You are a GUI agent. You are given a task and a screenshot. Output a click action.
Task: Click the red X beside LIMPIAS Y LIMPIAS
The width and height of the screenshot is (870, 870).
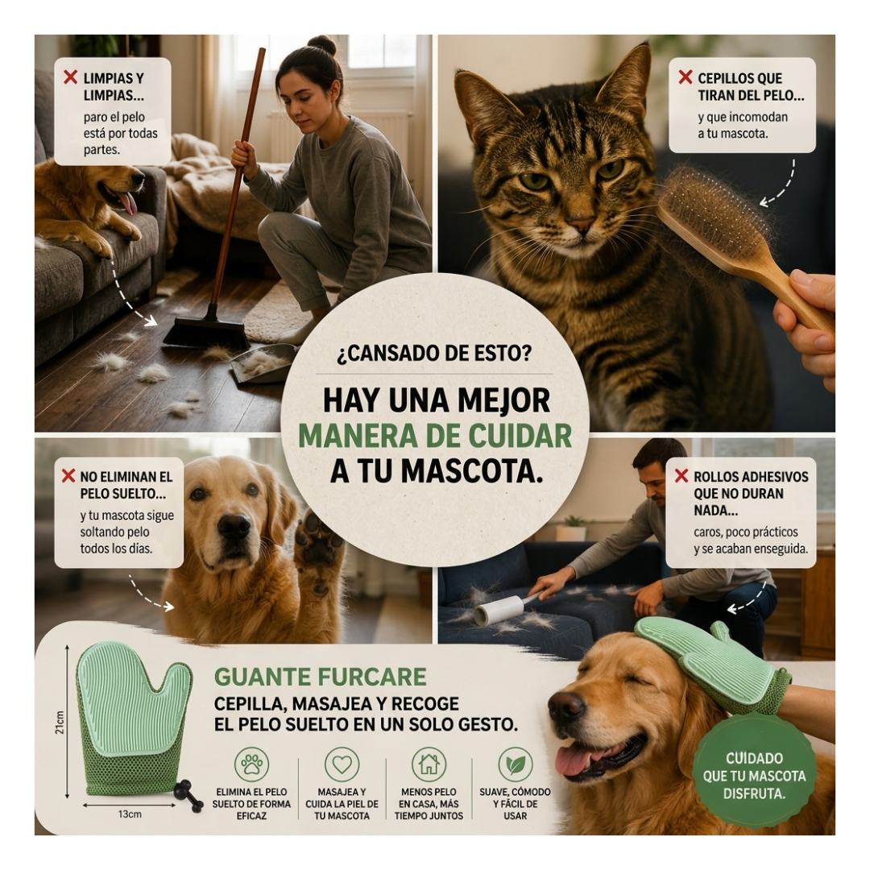click(x=70, y=77)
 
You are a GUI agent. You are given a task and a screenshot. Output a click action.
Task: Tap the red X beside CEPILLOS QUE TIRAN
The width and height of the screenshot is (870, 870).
click(x=686, y=77)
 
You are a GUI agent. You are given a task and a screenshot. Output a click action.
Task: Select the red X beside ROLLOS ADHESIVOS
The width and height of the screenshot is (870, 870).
click(x=681, y=475)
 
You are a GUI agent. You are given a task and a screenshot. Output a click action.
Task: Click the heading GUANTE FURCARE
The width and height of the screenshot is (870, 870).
click(x=320, y=677)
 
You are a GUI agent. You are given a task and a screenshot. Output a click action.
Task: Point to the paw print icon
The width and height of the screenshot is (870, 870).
click(x=252, y=764)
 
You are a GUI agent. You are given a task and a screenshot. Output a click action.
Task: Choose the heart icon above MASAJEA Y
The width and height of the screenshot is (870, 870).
click(x=342, y=764)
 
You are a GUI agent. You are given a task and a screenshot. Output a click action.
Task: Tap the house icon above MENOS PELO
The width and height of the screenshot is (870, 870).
click(x=429, y=764)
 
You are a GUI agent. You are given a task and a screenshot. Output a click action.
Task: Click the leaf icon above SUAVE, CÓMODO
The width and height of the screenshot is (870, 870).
click(x=516, y=764)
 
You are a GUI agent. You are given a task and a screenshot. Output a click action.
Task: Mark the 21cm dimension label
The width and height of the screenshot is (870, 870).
click(x=60, y=722)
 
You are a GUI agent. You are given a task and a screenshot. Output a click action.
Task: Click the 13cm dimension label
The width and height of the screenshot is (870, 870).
click(x=129, y=814)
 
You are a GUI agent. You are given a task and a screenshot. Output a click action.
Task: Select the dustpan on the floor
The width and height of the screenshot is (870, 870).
click(x=262, y=363)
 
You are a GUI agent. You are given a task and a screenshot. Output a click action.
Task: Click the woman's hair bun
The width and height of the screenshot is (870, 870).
click(x=322, y=44)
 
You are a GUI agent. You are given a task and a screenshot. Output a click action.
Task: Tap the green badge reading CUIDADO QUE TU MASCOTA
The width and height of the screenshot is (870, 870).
click(x=754, y=776)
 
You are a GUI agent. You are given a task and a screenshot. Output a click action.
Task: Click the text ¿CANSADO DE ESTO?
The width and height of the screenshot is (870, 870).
click(x=434, y=353)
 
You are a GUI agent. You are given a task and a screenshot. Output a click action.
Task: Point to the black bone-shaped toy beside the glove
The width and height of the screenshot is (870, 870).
click(x=188, y=796)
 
